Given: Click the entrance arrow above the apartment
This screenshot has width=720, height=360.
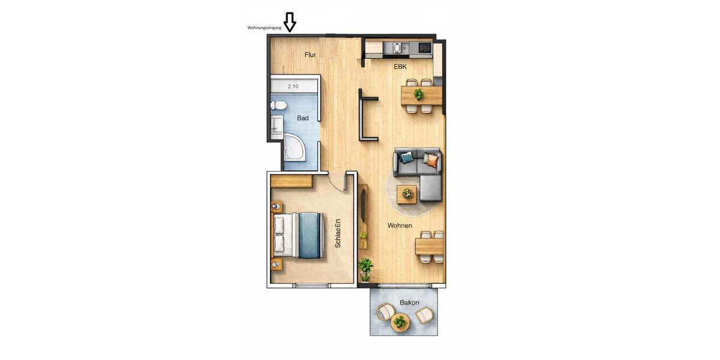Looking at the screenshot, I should pos(290,22).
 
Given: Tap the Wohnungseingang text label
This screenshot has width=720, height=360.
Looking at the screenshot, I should pos(264,28).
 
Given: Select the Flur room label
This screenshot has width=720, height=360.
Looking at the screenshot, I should pos(310,55).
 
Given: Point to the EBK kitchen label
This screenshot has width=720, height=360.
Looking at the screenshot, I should pos(400,67).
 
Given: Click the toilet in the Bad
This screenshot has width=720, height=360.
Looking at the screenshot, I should pos(278,106).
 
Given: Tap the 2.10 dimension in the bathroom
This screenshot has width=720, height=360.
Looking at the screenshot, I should pos(293,86).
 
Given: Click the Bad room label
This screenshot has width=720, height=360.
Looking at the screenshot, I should pos(303,118).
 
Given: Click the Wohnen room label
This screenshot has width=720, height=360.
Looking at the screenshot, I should pos(400,226).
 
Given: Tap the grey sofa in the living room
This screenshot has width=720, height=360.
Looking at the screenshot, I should pos(419,171).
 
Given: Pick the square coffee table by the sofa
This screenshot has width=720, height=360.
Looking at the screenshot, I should pos(407,193).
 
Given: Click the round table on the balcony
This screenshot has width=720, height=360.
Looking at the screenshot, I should pos(400,322).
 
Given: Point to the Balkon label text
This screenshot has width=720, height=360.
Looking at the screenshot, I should pos(409,302).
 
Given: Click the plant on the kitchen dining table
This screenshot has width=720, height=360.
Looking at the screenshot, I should pos(419,95).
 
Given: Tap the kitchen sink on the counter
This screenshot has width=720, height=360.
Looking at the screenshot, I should pos(397,47).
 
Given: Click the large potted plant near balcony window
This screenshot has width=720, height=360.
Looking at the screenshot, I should pos(365,268).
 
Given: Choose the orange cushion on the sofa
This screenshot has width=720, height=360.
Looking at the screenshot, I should pos(430,159).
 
